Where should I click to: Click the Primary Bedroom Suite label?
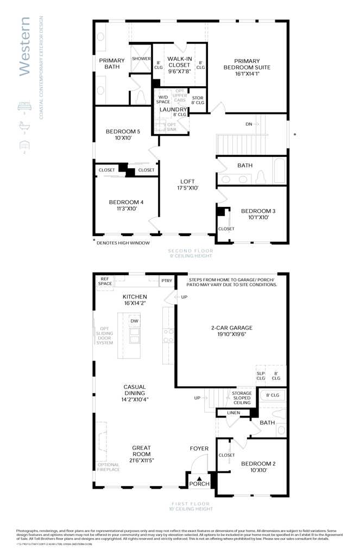coord(247,64)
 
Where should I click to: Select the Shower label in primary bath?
coord(141,59)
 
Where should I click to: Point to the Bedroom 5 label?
coord(123,131)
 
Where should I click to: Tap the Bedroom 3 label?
coord(255,211)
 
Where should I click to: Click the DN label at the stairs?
coord(249,124)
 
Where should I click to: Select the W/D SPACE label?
coord(163,99)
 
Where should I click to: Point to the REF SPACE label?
coord(105,281)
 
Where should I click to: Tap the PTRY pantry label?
coord(167,281)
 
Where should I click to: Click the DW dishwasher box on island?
coord(134,321)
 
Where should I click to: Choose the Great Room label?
coord(141,451)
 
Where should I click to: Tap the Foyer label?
coord(199,448)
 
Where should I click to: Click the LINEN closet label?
coord(233,413)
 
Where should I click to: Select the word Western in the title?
coord(24,46)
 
